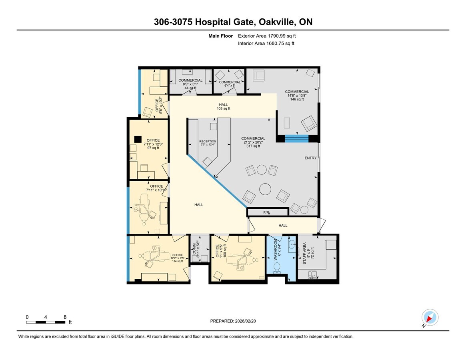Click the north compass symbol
430,318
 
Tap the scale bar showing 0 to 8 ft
46,322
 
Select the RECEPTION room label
208,143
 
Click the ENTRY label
310,158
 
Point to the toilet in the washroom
276,267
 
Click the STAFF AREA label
306,253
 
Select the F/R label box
267,212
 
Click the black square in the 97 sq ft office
138,139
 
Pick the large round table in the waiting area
265,188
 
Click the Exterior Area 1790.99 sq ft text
267,36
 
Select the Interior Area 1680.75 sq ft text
266,43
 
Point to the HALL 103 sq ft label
223,106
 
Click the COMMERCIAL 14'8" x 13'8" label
297,95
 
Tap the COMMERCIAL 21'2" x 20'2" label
253,142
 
